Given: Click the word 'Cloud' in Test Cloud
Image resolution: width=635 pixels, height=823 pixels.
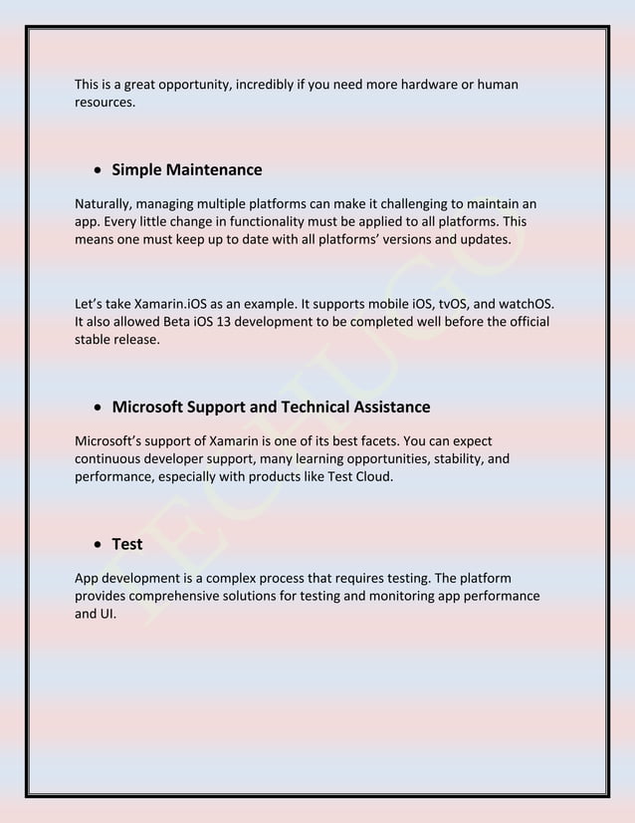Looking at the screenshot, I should point(373,476).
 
